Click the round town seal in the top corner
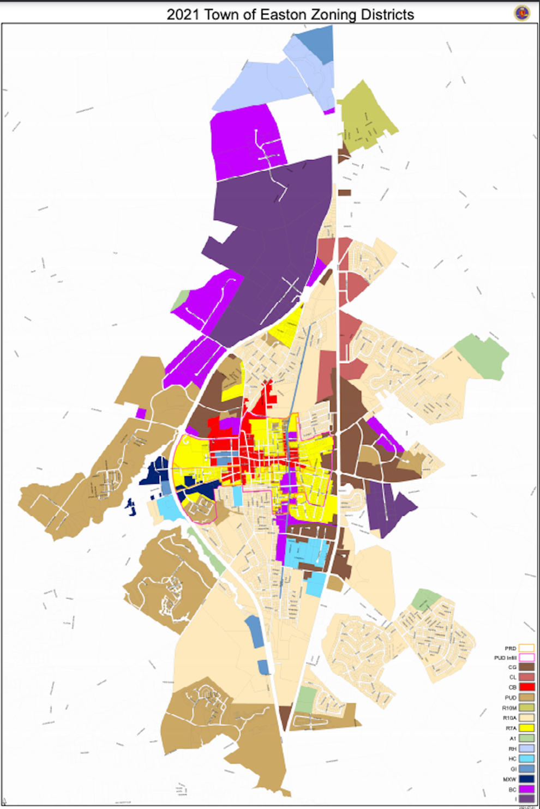tap(522, 13)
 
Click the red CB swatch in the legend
tap(526, 687)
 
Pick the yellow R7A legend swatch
tap(526, 728)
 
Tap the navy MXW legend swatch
tap(526, 779)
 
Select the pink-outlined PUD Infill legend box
tap(526, 657)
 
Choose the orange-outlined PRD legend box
tap(526, 648)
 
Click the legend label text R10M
tap(509, 708)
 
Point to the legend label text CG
tap(512, 667)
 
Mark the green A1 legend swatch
tap(526, 738)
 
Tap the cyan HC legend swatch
tap(526, 758)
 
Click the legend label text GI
tap(513, 769)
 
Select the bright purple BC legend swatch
tap(526, 789)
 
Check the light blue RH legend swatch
tap(526, 748)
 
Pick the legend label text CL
tap(513, 677)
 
